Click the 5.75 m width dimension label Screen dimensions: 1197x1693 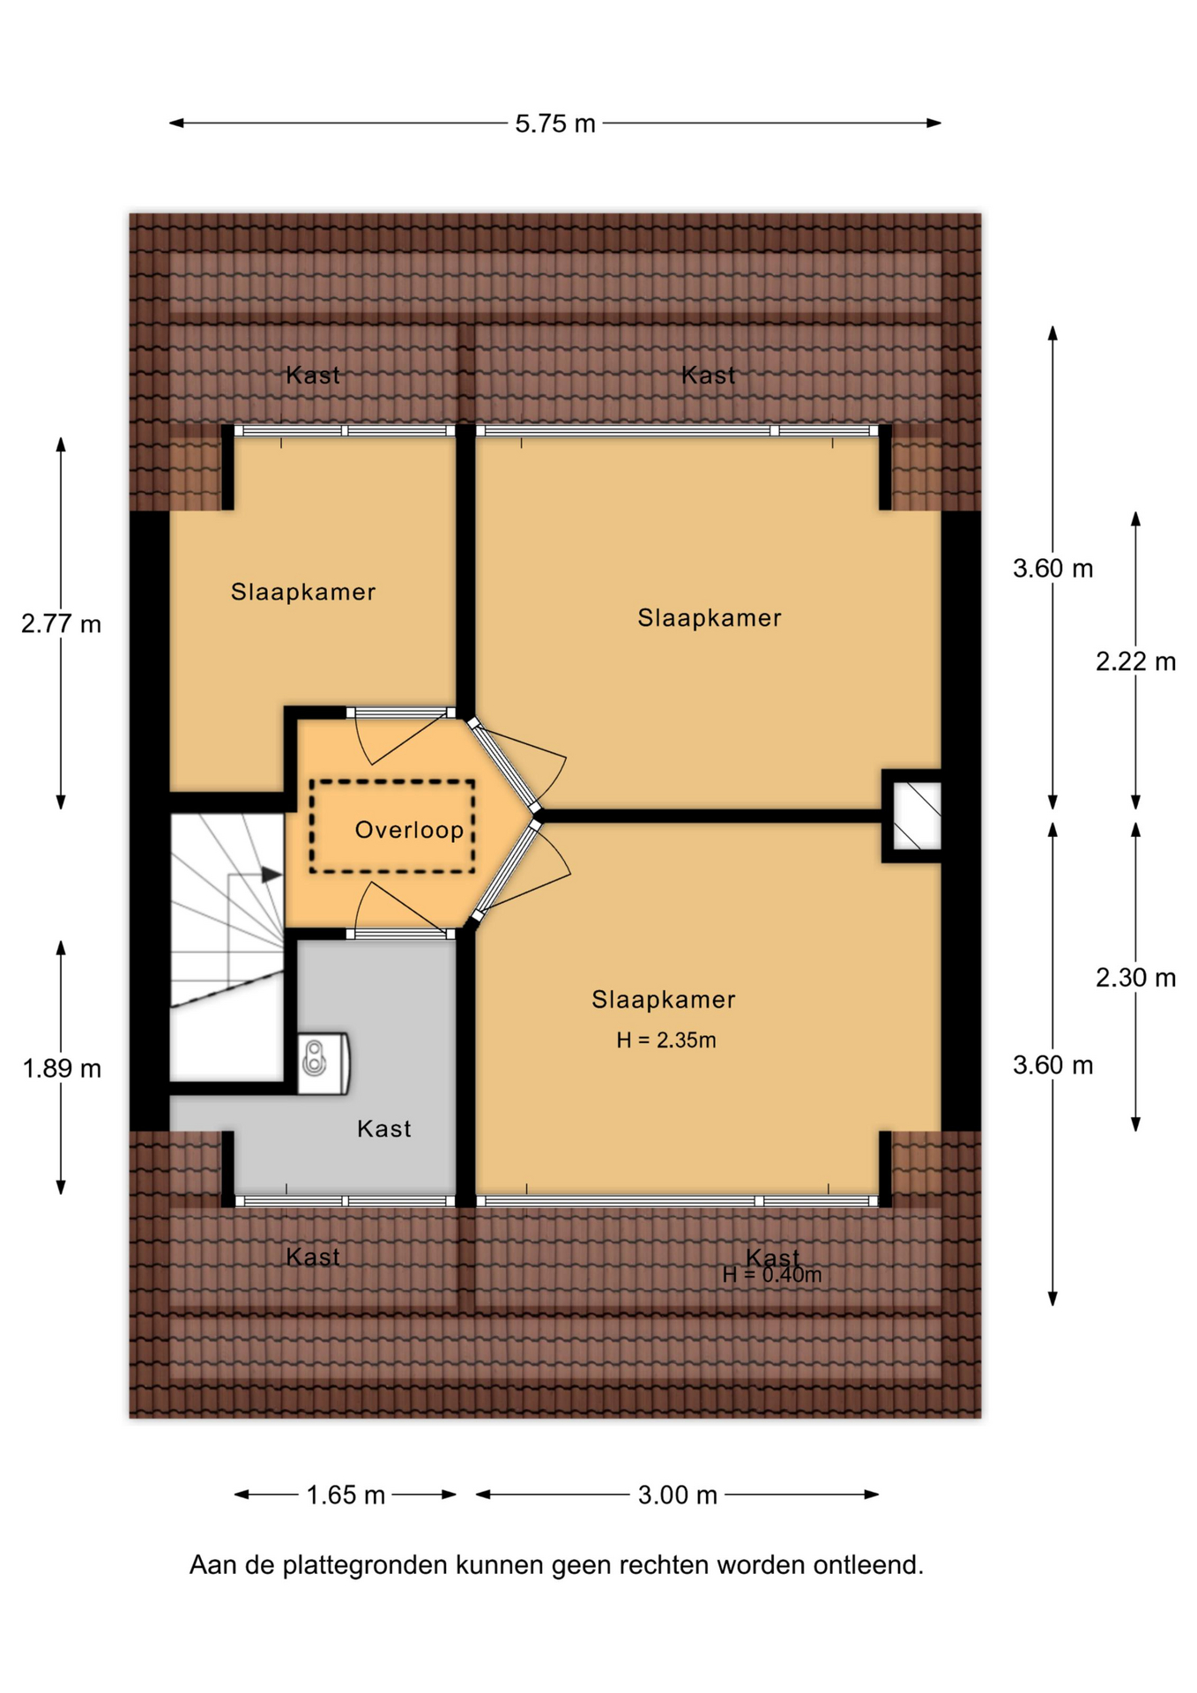[x=555, y=123]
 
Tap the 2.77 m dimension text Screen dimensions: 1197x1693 [x=61, y=624]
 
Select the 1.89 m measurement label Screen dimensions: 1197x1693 [x=62, y=1069]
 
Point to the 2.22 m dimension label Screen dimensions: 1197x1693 [x=1135, y=661]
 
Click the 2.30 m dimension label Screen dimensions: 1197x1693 [x=1135, y=977]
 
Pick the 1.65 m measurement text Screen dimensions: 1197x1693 [x=346, y=1495]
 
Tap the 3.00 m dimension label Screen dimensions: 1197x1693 [x=678, y=1495]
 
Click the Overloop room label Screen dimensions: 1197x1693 [x=409, y=830]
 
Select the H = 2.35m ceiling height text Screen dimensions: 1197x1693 [x=665, y=1040]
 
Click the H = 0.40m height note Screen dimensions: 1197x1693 [x=772, y=1275]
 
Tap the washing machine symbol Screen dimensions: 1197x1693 [x=323, y=1063]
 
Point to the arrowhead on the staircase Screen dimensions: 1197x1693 [x=271, y=875]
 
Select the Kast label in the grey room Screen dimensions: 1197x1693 [x=383, y=1129]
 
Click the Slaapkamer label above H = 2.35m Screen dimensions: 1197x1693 [x=663, y=999]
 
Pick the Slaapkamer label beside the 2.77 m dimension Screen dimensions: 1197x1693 [x=303, y=592]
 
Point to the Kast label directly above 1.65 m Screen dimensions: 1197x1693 [x=313, y=1257]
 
